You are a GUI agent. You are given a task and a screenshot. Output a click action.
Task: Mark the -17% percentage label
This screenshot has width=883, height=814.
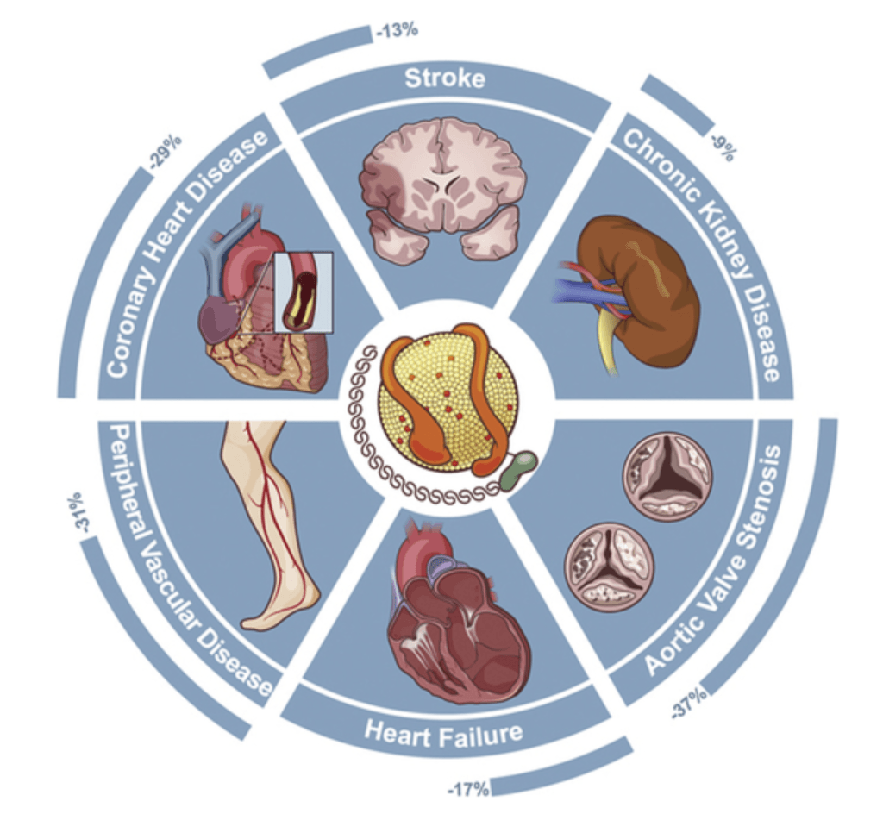click(x=468, y=787)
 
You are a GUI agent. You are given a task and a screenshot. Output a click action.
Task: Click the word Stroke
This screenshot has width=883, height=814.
click(x=445, y=80)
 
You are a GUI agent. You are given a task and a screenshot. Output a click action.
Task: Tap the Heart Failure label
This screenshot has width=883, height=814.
click(x=443, y=733)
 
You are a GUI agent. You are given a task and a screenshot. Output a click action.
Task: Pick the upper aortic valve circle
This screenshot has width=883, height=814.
click(x=667, y=475)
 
